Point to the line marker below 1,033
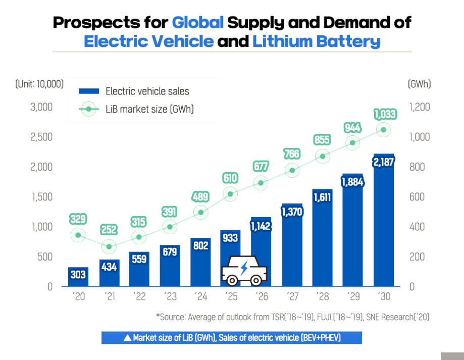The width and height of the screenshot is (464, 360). [384, 130]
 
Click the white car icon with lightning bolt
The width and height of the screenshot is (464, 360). [245, 271]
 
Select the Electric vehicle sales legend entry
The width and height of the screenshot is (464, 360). [134, 91]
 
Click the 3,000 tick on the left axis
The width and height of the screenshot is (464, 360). [42, 107]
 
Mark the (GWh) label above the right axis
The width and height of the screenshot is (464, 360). [419, 84]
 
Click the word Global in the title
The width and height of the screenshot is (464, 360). [197, 23]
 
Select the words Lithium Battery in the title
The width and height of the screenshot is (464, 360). [316, 41]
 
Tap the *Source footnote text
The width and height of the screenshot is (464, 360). [293, 317]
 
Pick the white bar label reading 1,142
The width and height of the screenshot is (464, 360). [261, 226]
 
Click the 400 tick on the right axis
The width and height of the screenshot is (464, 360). [417, 227]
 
